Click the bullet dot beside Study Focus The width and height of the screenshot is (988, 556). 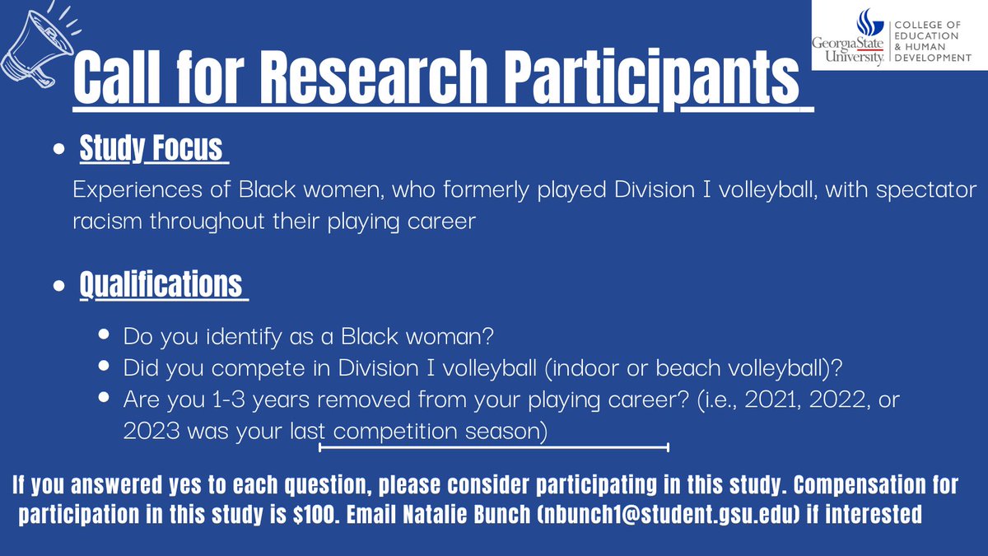pos(58,152)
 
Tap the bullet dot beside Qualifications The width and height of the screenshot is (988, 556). pos(58,287)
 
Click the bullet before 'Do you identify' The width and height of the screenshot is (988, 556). pos(104,336)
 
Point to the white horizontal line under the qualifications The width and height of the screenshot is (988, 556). pos(493,448)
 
